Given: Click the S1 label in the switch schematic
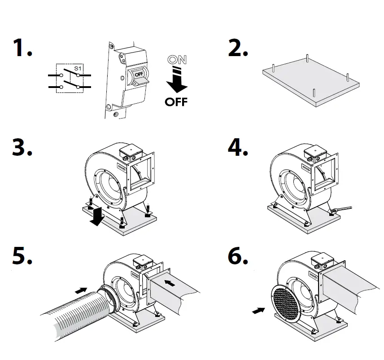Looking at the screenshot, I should (77, 69).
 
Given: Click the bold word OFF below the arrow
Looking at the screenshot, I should (176, 101).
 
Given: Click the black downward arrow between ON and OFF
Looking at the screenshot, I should (176, 81).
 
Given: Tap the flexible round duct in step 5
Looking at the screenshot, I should (76, 314).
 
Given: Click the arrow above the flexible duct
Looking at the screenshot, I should (81, 290).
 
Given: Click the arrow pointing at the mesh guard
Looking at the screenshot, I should (257, 310).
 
